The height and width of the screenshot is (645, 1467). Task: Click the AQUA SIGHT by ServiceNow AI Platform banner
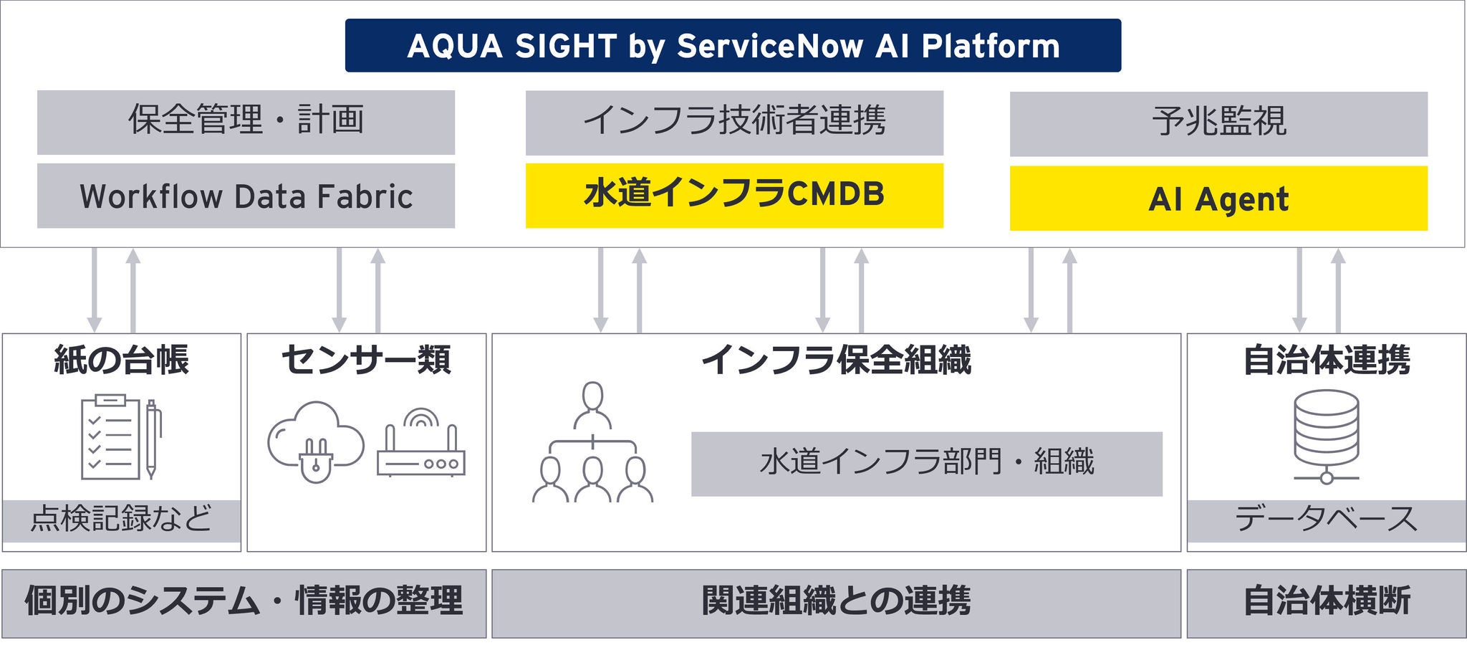[x=733, y=45]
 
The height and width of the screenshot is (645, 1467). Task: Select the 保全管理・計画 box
[x=246, y=121]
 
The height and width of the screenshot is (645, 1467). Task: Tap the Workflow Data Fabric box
[x=246, y=196]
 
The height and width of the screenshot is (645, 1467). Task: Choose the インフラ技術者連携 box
[x=734, y=122]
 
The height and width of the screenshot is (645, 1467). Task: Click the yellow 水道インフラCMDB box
[x=734, y=195]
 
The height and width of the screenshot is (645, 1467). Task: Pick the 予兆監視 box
[x=1218, y=123]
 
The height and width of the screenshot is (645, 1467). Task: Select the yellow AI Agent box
[x=1218, y=199]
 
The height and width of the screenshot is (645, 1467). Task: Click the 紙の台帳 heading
[x=121, y=359]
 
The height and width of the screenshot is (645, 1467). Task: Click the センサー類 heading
[x=366, y=359]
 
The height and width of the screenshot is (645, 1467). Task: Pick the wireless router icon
[x=421, y=444]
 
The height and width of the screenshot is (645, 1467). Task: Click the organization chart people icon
[x=592, y=443]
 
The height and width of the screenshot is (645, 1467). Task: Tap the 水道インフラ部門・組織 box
[x=926, y=463]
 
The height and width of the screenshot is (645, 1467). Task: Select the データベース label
[x=1326, y=519]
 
